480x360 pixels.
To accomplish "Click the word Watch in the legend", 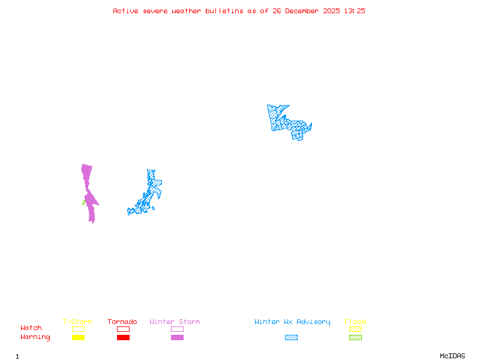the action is click(31, 328).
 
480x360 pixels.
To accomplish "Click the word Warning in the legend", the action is click(35, 337).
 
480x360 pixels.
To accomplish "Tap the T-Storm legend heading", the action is click(77, 322).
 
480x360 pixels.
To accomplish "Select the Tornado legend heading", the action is click(122, 322).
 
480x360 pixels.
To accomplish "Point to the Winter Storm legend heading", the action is click(175, 322).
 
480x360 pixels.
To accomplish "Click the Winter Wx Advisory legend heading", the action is click(292, 322).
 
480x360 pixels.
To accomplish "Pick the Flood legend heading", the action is click(355, 322).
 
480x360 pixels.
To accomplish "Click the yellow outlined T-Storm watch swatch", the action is click(78, 329).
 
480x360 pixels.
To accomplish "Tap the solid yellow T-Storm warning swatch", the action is click(78, 338).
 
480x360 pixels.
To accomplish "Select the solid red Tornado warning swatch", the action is click(123, 338).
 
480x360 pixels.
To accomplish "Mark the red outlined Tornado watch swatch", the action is click(123, 329).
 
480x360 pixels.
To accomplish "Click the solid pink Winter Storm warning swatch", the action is click(177, 338).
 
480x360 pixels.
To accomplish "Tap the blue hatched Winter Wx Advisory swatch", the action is click(291, 338).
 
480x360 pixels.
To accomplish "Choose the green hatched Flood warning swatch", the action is click(355, 338).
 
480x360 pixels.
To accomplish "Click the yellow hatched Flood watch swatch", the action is click(355, 329).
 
